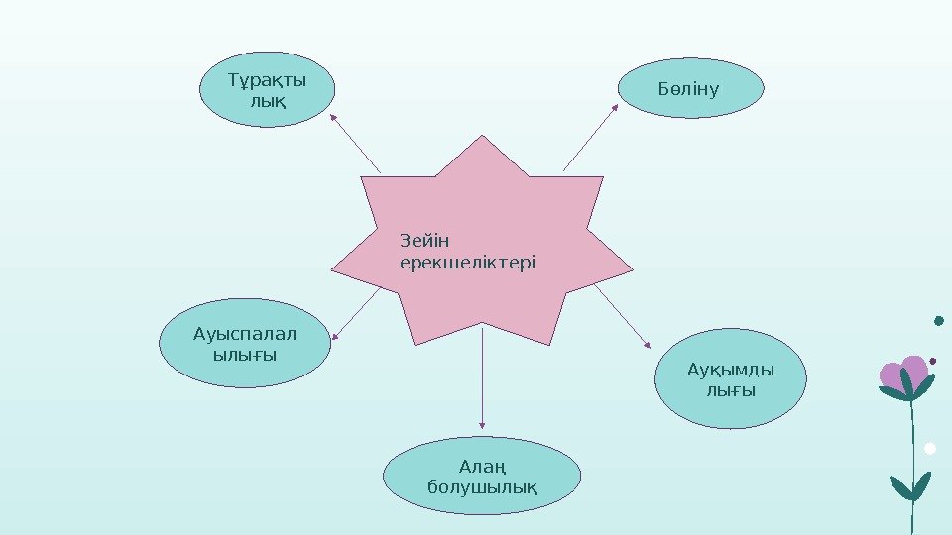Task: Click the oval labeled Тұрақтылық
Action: pyautogui.click(x=268, y=89)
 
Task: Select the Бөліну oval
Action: pyautogui.click(x=691, y=88)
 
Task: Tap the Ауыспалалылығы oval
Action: pyautogui.click(x=244, y=343)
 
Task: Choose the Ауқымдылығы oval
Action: pyautogui.click(x=731, y=380)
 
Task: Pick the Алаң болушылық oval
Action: pyautogui.click(x=482, y=476)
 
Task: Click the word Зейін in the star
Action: pyautogui.click(x=424, y=241)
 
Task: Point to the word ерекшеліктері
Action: pyautogui.click(x=466, y=263)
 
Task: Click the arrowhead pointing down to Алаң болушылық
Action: pyautogui.click(x=482, y=427)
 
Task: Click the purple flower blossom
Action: pyautogui.click(x=904, y=374)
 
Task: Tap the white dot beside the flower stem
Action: pyautogui.click(x=930, y=448)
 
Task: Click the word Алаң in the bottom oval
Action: pyautogui.click(x=482, y=466)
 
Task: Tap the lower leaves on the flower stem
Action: pyautogui.click(x=910, y=485)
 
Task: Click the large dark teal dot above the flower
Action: pyautogui.click(x=939, y=320)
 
